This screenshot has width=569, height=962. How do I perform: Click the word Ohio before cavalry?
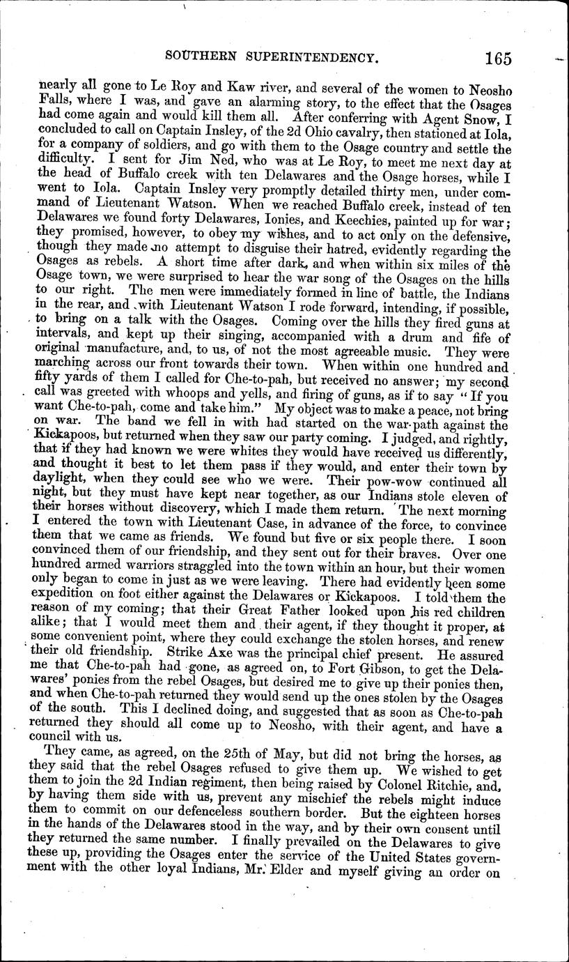[326, 130]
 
